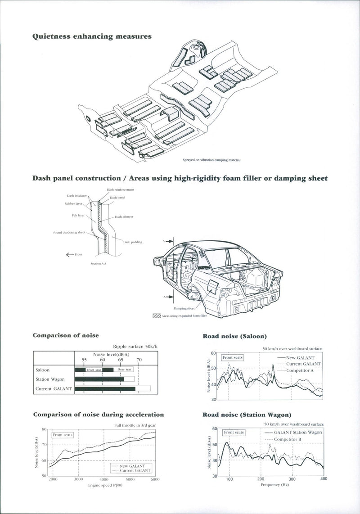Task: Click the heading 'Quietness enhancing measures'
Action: pos(91,36)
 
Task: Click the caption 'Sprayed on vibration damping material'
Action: pos(211,160)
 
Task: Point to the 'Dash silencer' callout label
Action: pos(124,217)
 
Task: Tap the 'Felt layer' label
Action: pos(78,215)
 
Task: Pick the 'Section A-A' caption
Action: pos(98,263)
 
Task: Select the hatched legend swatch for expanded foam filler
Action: pos(157,316)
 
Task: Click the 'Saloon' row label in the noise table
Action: pos(43,370)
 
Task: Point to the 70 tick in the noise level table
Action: pos(139,360)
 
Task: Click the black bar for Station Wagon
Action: pos(99,379)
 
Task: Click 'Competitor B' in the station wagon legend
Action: pos(288,438)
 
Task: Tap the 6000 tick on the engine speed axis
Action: pos(155,480)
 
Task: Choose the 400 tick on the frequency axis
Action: pos(324,478)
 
